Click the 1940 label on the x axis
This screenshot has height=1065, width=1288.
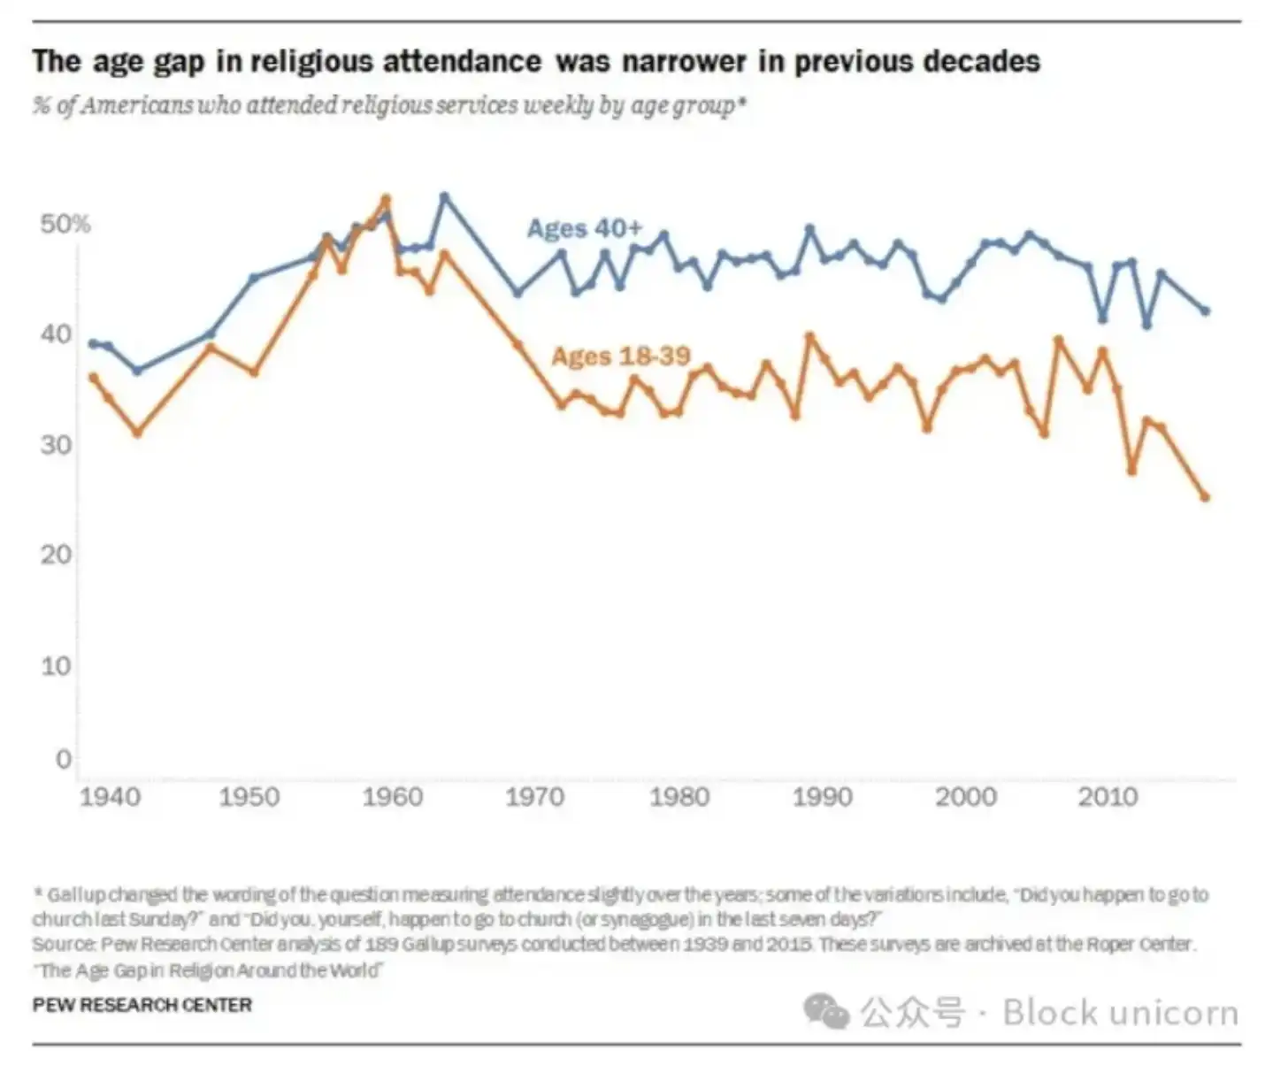tap(111, 797)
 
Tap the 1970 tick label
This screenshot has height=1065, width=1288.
tap(534, 797)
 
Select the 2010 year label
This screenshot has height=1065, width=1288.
tap(1108, 797)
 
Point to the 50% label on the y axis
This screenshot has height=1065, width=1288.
tap(65, 224)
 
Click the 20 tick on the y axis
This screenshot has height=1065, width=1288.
tap(56, 555)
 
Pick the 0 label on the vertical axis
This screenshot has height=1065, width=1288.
tap(63, 759)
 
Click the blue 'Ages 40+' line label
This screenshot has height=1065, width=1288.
tap(584, 228)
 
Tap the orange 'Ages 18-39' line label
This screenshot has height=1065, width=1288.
tap(620, 356)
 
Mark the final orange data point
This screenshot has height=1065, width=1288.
tap(1205, 497)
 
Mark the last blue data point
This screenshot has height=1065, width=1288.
tap(1205, 310)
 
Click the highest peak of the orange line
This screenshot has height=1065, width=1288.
tap(385, 199)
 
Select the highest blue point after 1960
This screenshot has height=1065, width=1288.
tap(444, 196)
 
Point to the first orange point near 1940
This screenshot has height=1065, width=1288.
tap(94, 378)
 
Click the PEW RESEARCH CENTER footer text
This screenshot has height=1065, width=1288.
tap(142, 1005)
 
